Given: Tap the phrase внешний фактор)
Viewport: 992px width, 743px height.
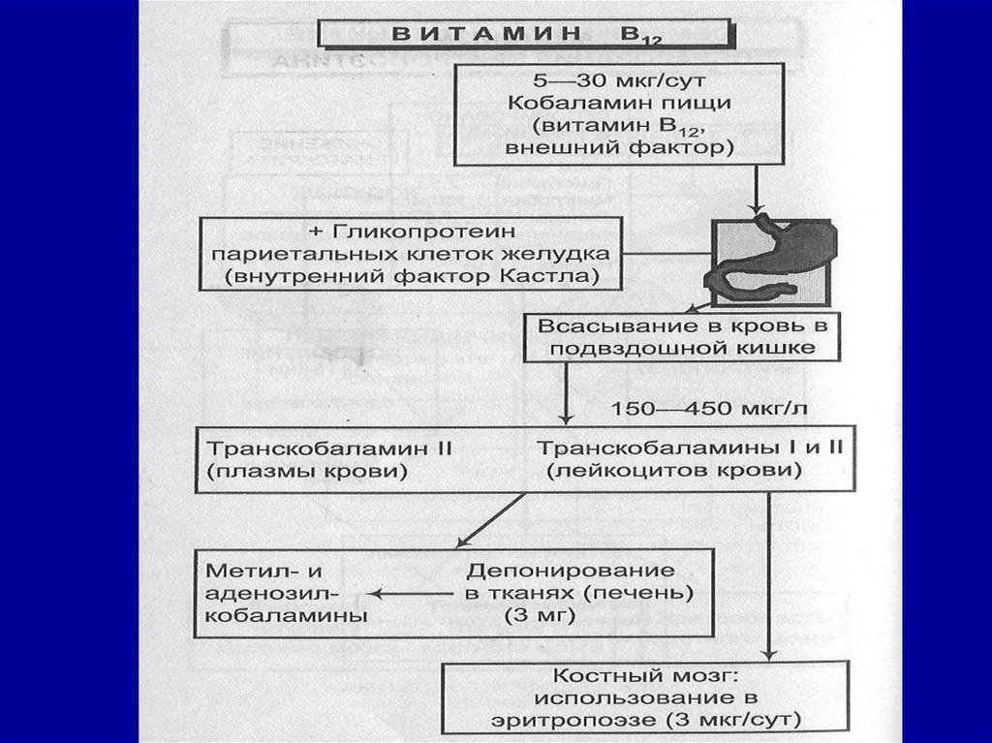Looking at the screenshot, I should click(619, 148).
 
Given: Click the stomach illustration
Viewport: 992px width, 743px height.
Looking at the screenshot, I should click(770, 257).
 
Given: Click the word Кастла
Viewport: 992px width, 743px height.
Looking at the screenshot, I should click(557, 276).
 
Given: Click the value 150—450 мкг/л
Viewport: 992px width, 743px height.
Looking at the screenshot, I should click(708, 408).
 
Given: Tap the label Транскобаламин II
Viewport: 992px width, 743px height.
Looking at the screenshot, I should click(330, 449).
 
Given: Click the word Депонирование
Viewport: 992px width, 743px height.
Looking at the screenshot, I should click(571, 570).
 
